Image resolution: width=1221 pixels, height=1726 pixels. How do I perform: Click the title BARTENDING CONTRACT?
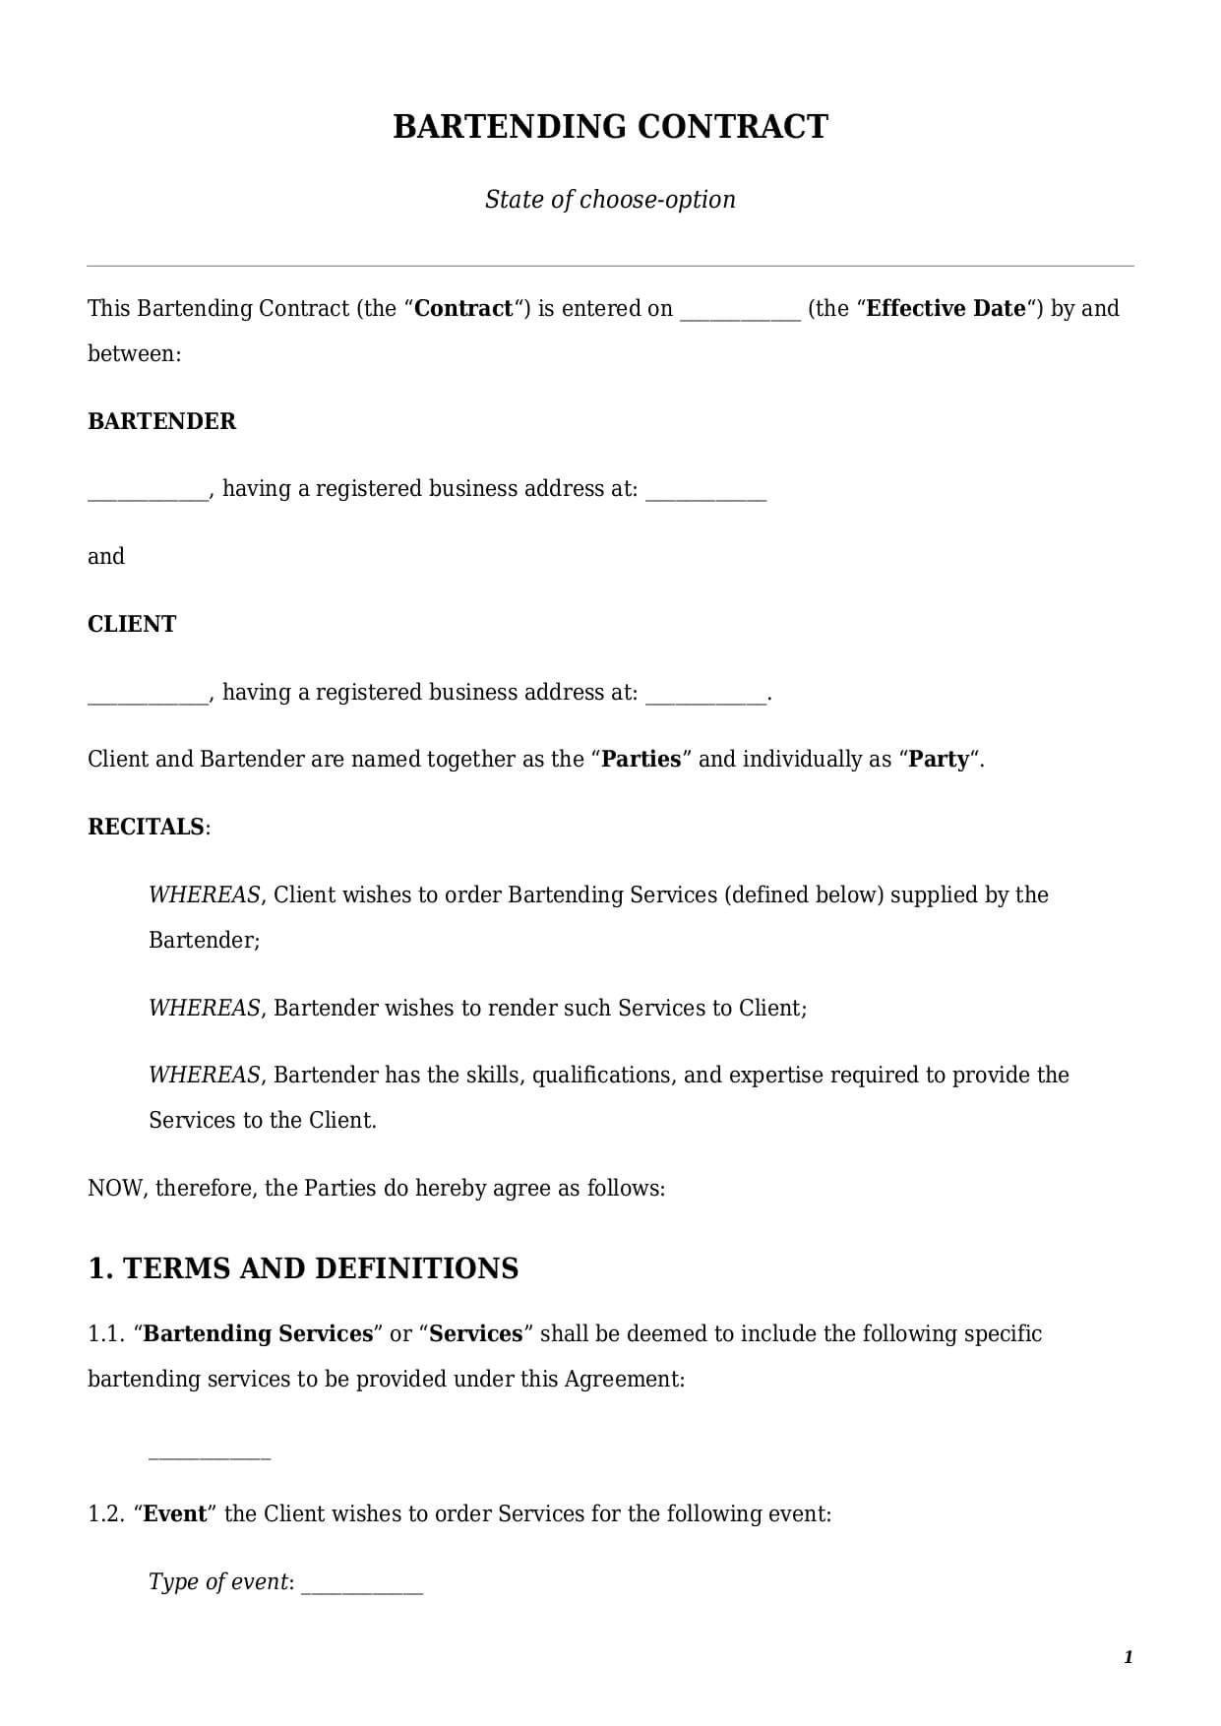[610, 127]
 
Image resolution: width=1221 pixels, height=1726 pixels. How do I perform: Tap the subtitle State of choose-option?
[610, 200]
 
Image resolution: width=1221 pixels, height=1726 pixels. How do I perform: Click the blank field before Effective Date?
[740, 311]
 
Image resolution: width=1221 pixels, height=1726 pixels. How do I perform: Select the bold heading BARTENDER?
[162, 421]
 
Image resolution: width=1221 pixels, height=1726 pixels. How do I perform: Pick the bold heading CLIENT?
[132, 624]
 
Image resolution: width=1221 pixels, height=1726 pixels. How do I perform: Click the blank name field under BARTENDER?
[148, 492]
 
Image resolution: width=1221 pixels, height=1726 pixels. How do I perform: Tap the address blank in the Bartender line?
[705, 492]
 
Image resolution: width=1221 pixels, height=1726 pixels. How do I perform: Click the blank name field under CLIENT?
[148, 696]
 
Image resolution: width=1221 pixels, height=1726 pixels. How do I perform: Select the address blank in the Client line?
[705, 696]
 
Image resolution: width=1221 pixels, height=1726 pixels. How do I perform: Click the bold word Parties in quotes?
[641, 760]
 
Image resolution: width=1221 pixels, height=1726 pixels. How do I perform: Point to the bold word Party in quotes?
[938, 760]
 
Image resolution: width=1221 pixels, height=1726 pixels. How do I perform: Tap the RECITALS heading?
[147, 827]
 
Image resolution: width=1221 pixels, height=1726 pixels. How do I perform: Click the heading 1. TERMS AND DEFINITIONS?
[303, 1268]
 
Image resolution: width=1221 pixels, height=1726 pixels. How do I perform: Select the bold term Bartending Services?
[258, 1334]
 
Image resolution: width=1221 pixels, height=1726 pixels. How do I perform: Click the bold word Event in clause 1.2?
[175, 1514]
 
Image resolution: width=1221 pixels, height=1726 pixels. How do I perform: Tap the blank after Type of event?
[361, 1585]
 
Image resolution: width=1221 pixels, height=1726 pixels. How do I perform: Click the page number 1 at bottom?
[1128, 1658]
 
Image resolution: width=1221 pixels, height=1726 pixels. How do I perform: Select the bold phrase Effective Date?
[946, 309]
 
